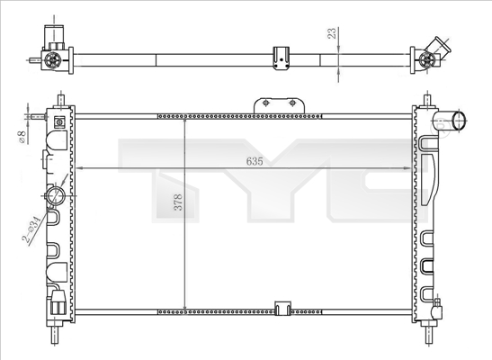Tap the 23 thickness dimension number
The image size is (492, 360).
point(332,35)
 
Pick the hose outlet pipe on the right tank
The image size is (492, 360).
point(454,122)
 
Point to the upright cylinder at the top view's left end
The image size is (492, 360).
point(52,36)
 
